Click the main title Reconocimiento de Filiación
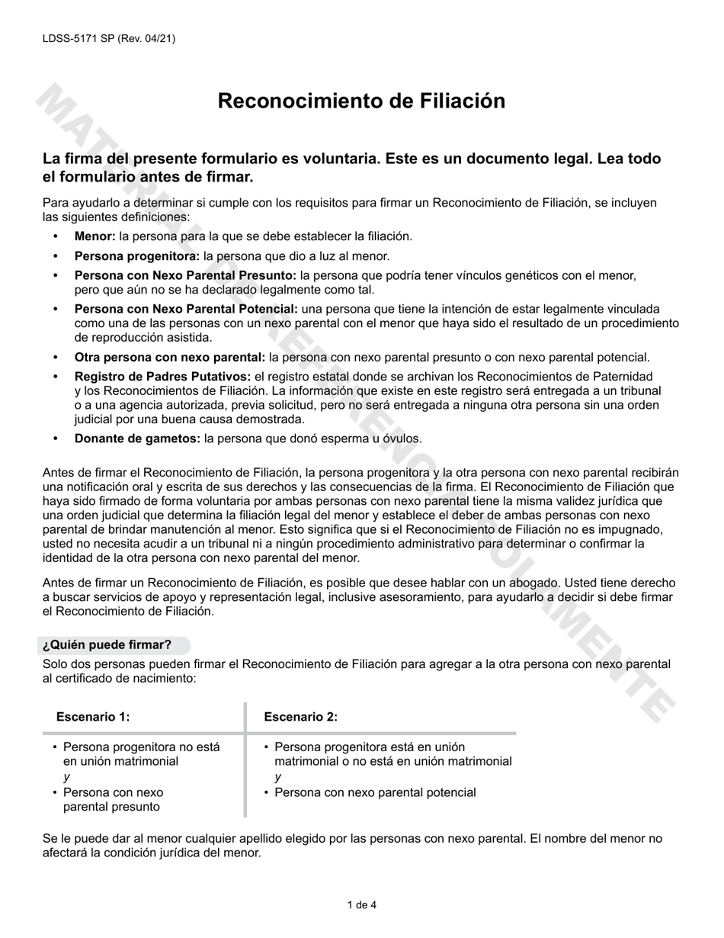click(361, 101)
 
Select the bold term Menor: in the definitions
click(95, 236)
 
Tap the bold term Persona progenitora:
click(137, 256)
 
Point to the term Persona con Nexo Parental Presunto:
click(185, 275)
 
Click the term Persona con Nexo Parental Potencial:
click(186, 309)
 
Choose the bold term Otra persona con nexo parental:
click(170, 357)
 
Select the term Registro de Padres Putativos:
click(162, 377)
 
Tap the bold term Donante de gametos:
click(137, 438)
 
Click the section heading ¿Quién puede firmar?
click(107, 644)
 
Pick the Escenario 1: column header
click(93, 717)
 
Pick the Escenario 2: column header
click(300, 717)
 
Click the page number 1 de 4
click(361, 905)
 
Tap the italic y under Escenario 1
click(66, 776)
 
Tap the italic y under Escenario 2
click(278, 776)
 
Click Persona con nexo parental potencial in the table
click(375, 792)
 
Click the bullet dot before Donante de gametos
click(55, 438)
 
